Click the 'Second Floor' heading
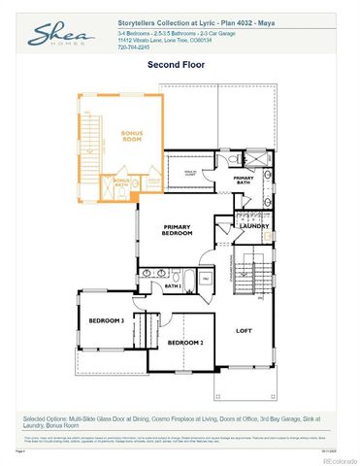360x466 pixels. coord(176,65)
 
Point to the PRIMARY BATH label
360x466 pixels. coord(244,179)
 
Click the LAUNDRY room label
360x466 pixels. coord(254,226)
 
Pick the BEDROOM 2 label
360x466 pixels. coord(184,343)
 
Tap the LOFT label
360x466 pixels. coord(245,330)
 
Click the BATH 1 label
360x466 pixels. coord(173,286)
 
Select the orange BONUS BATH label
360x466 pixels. coord(122,183)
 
